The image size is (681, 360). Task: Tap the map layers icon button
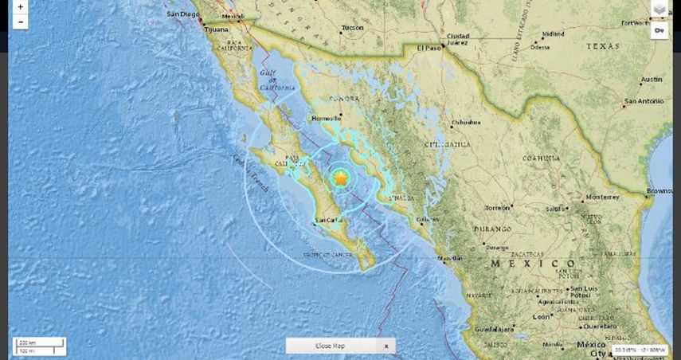coord(659,9)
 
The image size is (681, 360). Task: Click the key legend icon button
coord(659,30)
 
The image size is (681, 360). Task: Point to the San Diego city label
coord(182,14)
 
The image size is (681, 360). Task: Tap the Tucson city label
coord(352,28)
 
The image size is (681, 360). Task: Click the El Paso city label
coord(429,49)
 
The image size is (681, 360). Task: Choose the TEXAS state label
coord(602,47)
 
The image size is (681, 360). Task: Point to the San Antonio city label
coord(643,101)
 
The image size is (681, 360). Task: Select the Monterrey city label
coord(602,196)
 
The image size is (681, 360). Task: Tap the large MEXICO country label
coord(533,263)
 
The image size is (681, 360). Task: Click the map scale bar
coord(38,346)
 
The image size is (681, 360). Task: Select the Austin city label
coord(651,80)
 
